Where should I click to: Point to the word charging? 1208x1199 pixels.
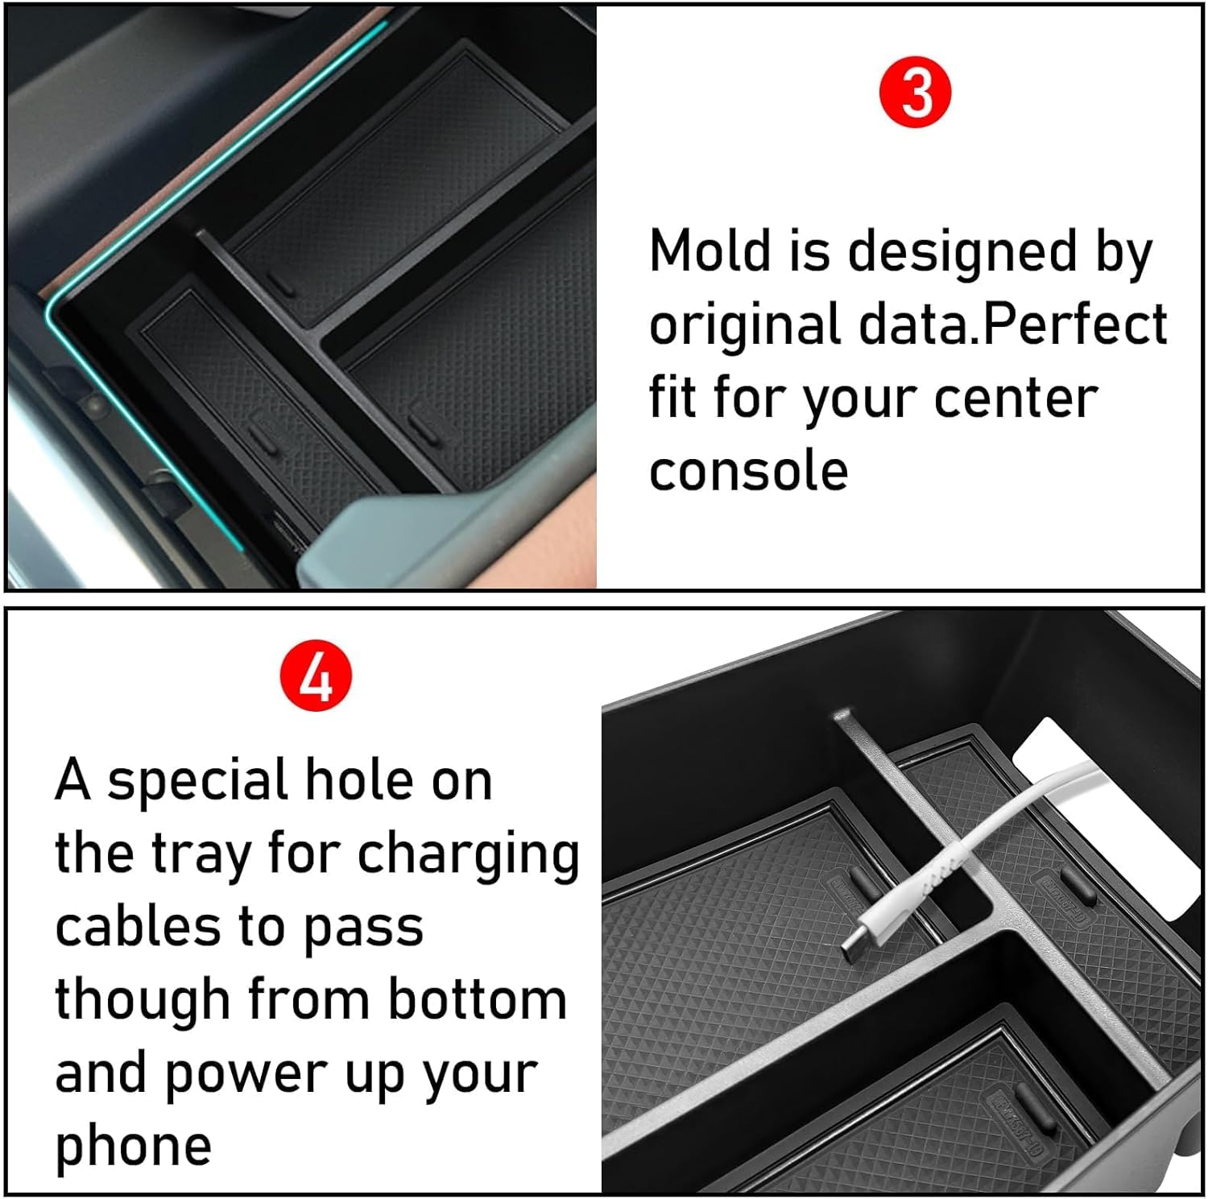point(468,856)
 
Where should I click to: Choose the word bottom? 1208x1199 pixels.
point(478,999)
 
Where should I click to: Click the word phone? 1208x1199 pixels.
point(133,1147)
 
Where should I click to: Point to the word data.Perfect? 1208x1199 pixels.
point(1013,325)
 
